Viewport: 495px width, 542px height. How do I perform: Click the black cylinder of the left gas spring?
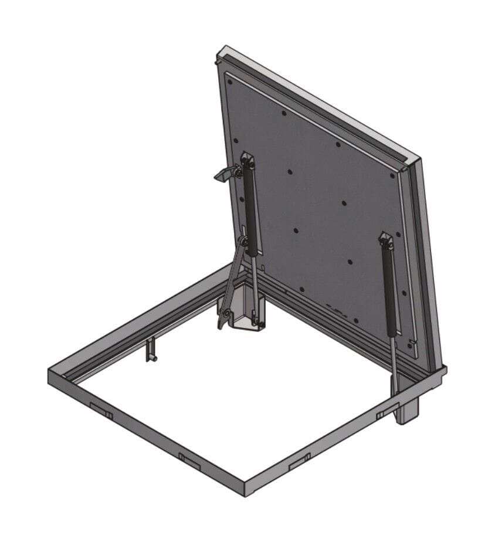[250, 208]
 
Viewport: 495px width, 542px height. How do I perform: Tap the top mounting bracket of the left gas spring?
[246, 160]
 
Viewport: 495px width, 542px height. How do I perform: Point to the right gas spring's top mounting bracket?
[385, 239]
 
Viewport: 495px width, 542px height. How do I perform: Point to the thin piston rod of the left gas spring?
[256, 287]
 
